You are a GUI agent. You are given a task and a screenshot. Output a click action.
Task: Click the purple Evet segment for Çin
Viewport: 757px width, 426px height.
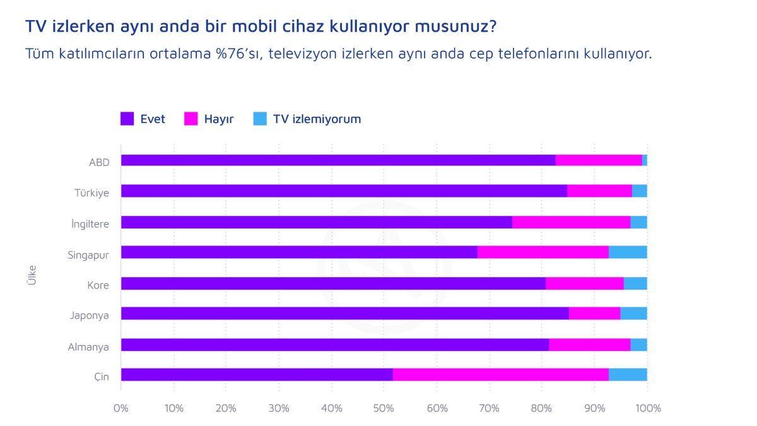(256, 374)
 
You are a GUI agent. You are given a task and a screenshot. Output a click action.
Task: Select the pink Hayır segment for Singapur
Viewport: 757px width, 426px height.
(543, 252)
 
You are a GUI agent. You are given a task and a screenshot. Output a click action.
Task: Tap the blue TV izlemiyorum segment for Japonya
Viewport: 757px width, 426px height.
(633, 313)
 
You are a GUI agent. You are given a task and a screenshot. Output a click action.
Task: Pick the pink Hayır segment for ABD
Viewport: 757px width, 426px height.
(599, 160)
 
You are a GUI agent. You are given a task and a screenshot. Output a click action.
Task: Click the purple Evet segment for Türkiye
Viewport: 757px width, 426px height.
(344, 191)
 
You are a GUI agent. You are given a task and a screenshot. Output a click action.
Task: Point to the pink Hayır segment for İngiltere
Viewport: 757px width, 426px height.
(571, 222)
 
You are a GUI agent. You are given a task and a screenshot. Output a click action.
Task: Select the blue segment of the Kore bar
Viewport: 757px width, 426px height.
(635, 283)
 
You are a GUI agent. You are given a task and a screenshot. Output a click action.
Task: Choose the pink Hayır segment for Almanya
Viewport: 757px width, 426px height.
(589, 345)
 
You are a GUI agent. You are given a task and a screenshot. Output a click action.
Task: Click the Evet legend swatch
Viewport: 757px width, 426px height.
(127, 119)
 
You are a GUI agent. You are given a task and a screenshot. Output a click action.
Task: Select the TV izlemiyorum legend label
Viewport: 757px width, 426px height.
(317, 119)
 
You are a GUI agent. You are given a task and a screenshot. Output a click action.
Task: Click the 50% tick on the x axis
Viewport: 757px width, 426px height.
(384, 408)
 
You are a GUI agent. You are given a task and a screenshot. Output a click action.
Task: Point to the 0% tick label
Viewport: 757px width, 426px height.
(120, 408)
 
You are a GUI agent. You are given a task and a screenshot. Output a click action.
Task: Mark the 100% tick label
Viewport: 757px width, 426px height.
(648, 408)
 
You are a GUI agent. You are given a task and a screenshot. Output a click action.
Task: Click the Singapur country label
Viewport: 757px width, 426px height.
(88, 255)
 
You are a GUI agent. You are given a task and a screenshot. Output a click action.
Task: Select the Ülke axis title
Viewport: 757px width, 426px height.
(32, 275)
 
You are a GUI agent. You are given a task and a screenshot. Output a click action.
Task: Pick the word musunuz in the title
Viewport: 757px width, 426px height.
(455, 27)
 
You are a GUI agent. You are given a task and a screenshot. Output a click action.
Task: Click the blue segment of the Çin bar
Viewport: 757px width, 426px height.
(628, 374)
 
